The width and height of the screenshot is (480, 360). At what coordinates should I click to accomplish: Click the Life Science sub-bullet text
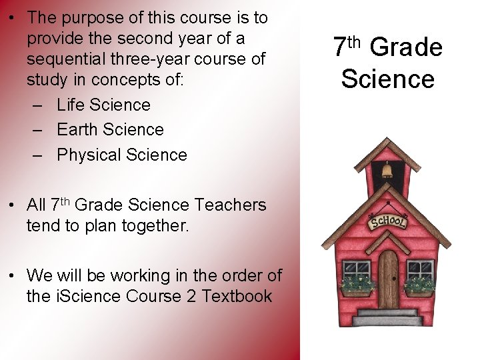(103, 105)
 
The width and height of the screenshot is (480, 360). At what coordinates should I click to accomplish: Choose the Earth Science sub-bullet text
(110, 129)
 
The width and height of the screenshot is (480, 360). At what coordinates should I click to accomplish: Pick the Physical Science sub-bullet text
(122, 155)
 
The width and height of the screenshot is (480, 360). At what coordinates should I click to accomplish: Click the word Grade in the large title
(405, 47)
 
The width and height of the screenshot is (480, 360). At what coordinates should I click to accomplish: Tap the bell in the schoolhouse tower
(387, 171)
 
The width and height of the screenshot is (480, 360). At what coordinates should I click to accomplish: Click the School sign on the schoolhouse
(388, 220)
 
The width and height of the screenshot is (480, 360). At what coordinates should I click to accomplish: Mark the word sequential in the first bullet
(64, 59)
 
